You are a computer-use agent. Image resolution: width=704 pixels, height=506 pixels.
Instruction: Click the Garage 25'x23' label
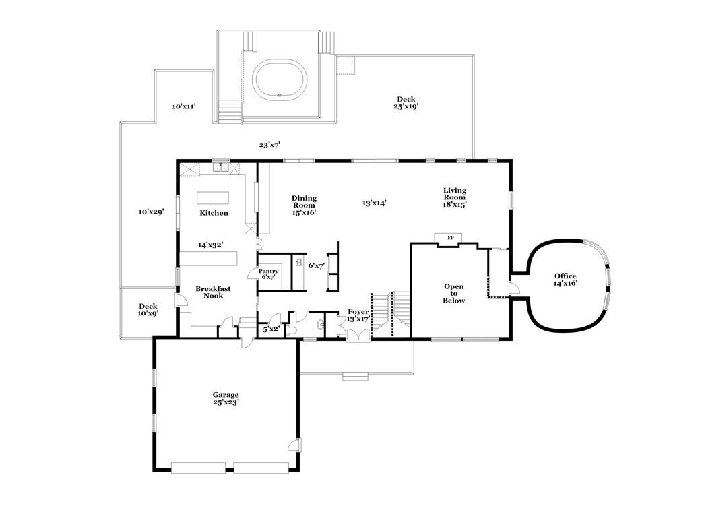[226, 398]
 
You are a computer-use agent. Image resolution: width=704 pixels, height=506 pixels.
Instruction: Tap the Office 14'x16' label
[565, 280]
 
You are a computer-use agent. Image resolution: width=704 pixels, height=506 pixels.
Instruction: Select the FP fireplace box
[450, 238]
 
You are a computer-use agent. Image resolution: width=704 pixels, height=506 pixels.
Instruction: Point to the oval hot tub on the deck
[280, 80]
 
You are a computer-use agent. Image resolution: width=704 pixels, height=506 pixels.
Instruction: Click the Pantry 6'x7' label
[268, 274]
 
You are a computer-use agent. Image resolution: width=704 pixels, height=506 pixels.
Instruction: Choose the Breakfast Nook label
[213, 292]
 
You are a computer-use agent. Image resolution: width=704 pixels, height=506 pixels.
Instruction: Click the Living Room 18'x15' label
[455, 197]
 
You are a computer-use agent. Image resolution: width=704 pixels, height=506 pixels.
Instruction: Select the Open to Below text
[453, 294]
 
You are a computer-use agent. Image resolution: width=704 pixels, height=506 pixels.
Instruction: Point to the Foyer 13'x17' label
[358, 315]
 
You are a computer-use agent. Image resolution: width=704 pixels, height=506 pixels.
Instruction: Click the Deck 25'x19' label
[406, 102]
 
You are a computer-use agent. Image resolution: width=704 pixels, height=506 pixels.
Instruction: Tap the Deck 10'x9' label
[148, 309]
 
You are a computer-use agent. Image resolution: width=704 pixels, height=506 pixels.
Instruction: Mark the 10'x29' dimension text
[152, 212]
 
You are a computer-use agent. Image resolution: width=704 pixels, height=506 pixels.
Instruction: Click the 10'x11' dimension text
[183, 106]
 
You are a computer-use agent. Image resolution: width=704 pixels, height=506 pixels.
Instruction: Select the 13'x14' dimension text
[374, 202]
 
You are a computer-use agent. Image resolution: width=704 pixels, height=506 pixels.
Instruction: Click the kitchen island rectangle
[212, 197]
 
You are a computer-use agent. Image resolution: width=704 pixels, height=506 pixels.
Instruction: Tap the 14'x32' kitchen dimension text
[210, 245]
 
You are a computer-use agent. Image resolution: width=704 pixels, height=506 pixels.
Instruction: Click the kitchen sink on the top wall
[220, 168]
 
